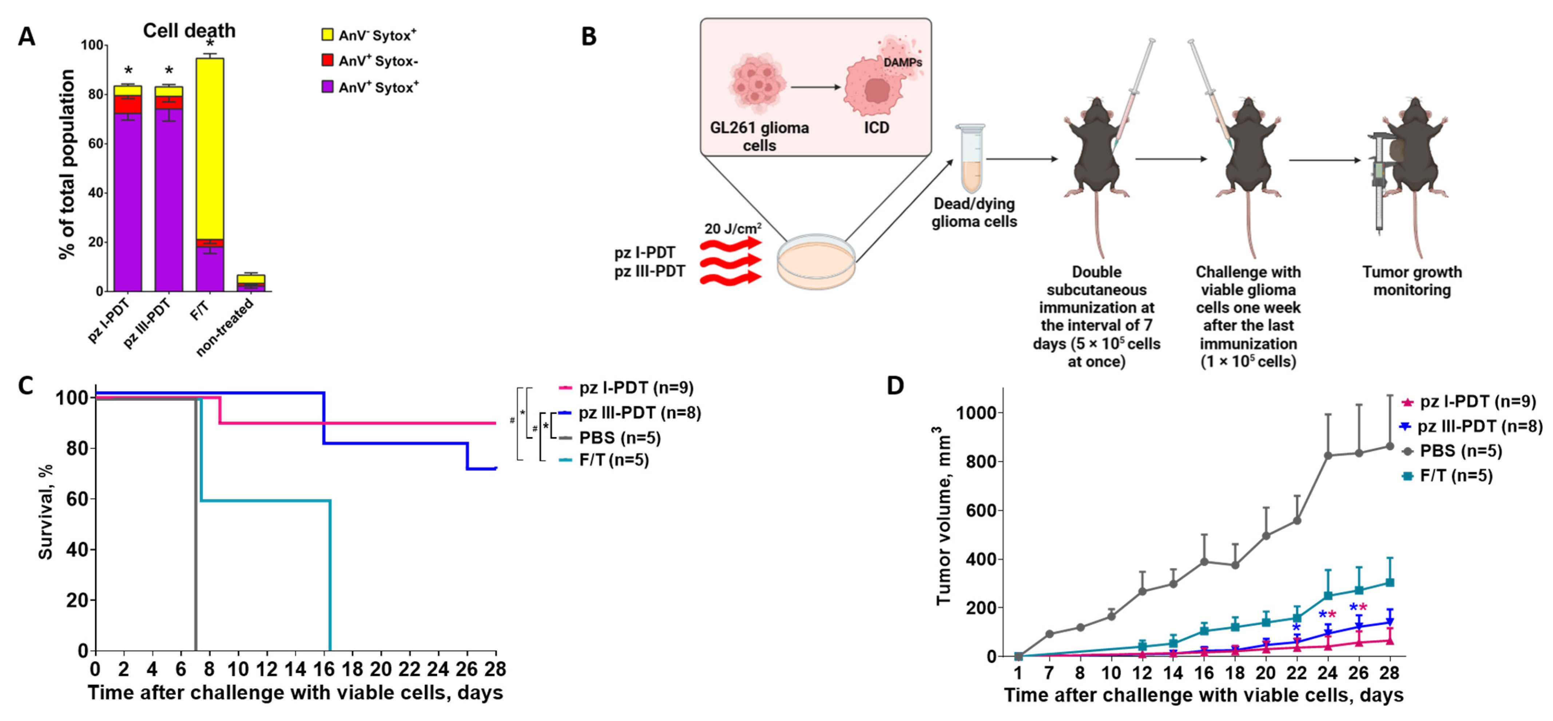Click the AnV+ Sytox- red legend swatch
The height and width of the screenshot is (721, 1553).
coord(327,60)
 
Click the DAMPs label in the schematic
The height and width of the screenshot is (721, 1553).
coord(902,62)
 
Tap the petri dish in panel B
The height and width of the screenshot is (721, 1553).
coord(816,262)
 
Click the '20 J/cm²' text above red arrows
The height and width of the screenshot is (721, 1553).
coord(732,229)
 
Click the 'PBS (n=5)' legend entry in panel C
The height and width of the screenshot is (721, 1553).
coord(619,438)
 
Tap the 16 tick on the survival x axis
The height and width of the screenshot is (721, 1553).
coord(324,669)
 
